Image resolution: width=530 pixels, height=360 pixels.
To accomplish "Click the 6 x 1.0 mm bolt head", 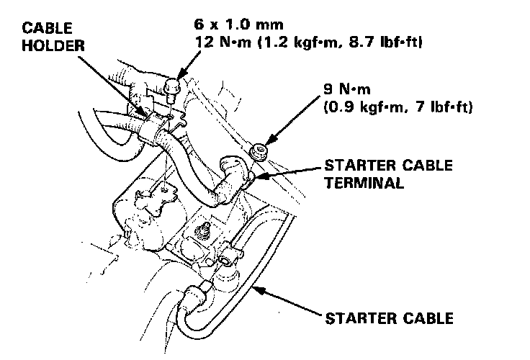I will point(171,89).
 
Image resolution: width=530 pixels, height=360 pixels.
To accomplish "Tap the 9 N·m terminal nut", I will point(256,151).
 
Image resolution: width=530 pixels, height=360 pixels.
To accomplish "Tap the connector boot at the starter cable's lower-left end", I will point(194,294).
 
